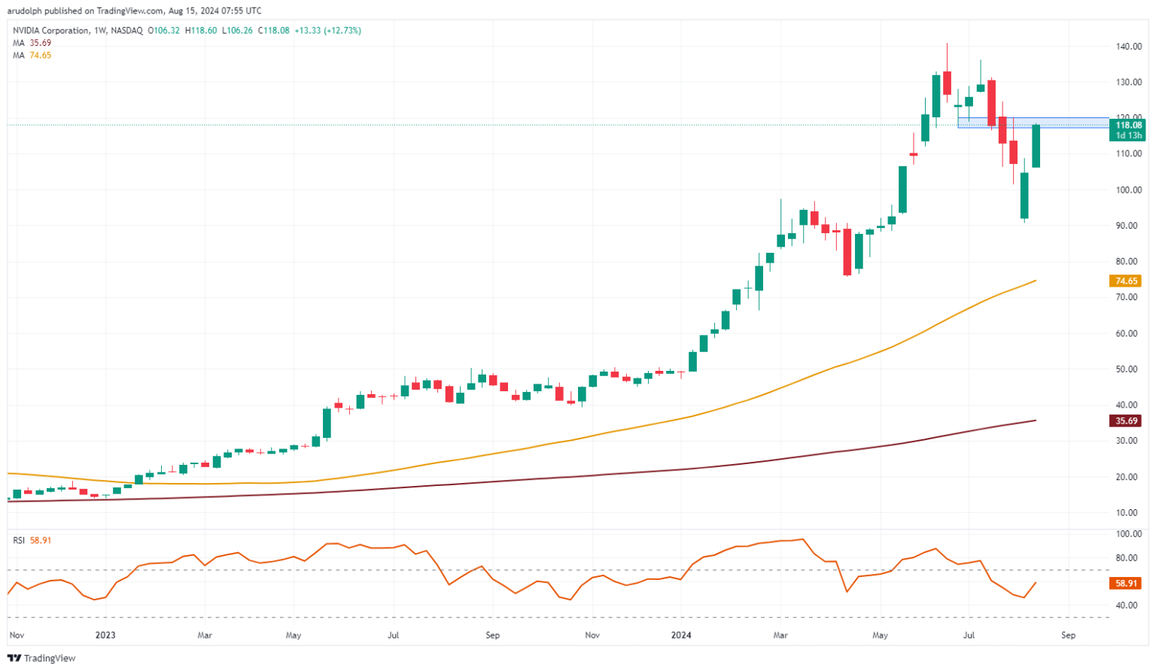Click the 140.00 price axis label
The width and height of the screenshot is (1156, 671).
point(1127,46)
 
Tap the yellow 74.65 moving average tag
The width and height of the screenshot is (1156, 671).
point(1125,281)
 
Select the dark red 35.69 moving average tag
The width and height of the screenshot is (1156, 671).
point(1125,421)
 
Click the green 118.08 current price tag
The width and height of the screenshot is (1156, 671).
point(1128,125)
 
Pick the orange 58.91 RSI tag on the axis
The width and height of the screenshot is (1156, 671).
point(1125,583)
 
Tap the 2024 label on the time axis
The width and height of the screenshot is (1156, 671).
point(681,635)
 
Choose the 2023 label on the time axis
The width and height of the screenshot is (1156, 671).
point(105,635)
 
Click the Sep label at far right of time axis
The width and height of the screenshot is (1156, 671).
point(1067,635)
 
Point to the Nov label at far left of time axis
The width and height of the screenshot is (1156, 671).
point(16,635)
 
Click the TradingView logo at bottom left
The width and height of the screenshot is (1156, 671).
point(42,658)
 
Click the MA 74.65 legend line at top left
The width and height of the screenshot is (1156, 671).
point(32,55)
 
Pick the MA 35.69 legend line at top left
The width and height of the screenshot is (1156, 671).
point(32,43)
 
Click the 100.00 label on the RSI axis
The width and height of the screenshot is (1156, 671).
point(1128,534)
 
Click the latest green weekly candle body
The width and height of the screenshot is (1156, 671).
point(1036,146)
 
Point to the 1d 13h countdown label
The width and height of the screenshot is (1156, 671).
point(1128,135)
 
